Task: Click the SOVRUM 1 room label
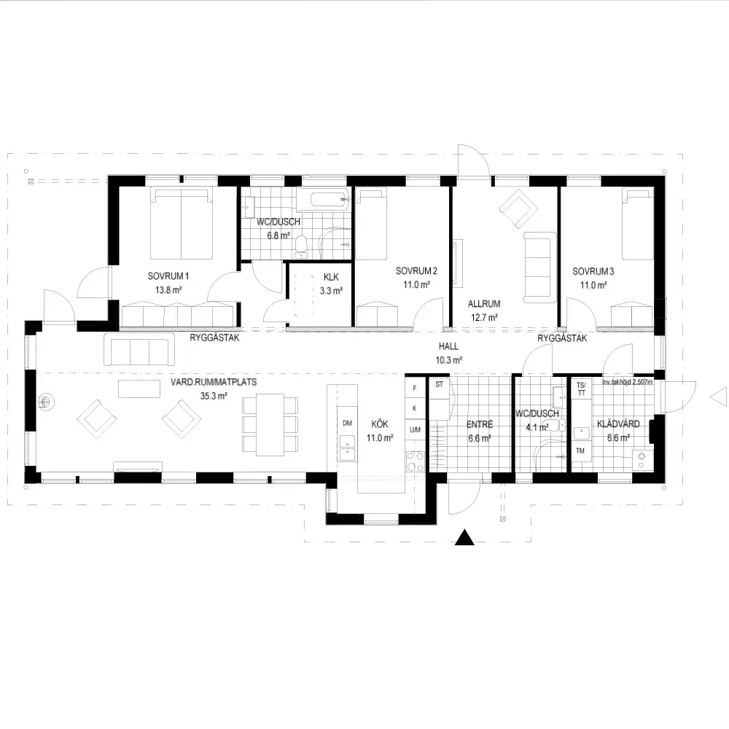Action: (x=168, y=276)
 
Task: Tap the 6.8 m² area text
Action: (x=278, y=235)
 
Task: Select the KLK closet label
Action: (x=331, y=277)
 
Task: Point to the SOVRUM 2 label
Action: (x=416, y=270)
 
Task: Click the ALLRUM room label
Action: (x=484, y=304)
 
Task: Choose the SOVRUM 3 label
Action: (x=593, y=271)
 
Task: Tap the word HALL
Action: (x=448, y=346)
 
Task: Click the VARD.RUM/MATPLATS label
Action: (x=214, y=382)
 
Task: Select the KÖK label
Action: (x=380, y=424)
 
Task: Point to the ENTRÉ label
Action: (x=480, y=424)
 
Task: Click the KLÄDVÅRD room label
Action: (x=618, y=424)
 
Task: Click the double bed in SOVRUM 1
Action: (x=182, y=223)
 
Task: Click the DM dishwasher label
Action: (x=347, y=423)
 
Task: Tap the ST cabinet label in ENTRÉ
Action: (x=440, y=384)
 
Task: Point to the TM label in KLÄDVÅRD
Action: (x=580, y=451)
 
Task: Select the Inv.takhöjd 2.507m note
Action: (x=627, y=382)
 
